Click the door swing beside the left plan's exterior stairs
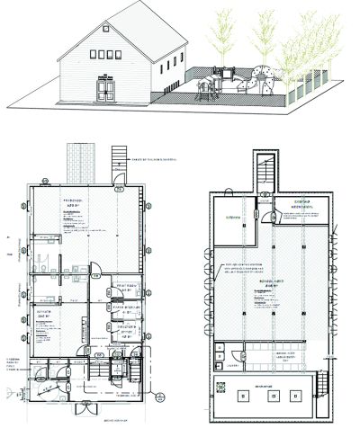tap(120, 187)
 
